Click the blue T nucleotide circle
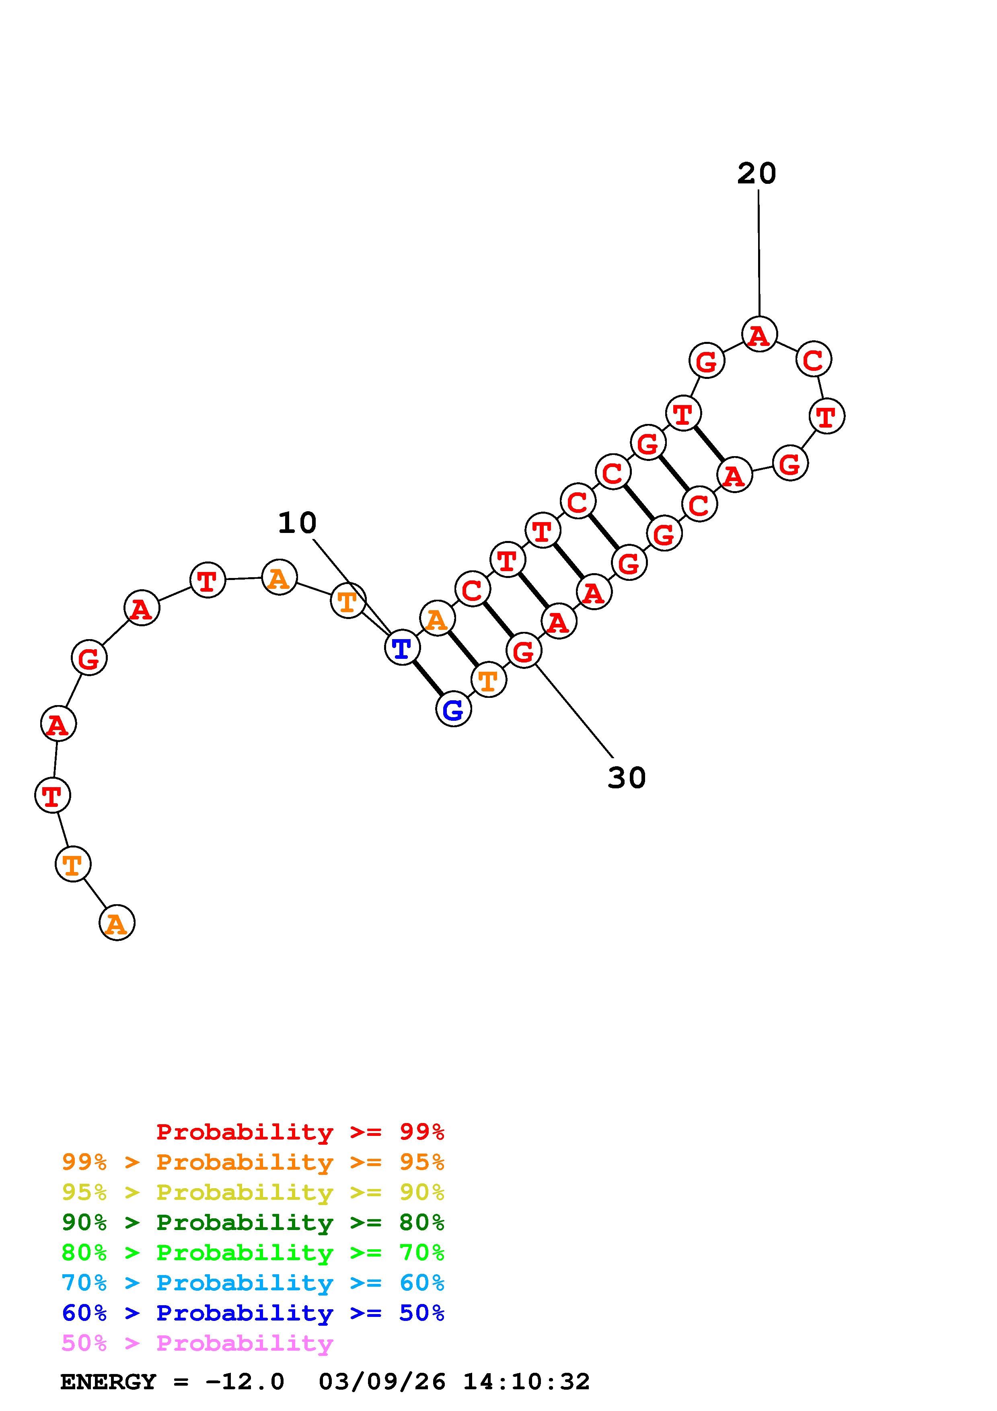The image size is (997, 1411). pyautogui.click(x=402, y=647)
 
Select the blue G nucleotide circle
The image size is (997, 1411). pyautogui.click(x=453, y=709)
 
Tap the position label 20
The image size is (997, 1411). pyautogui.click(x=757, y=173)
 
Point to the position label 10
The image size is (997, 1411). pyautogui.click(x=297, y=523)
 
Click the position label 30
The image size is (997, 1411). pyautogui.click(x=627, y=777)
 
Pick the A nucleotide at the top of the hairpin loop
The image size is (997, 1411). pyautogui.click(x=759, y=334)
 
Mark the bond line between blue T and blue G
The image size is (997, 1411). pyautogui.click(x=428, y=678)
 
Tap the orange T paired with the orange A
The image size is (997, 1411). pyautogui.click(x=488, y=680)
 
